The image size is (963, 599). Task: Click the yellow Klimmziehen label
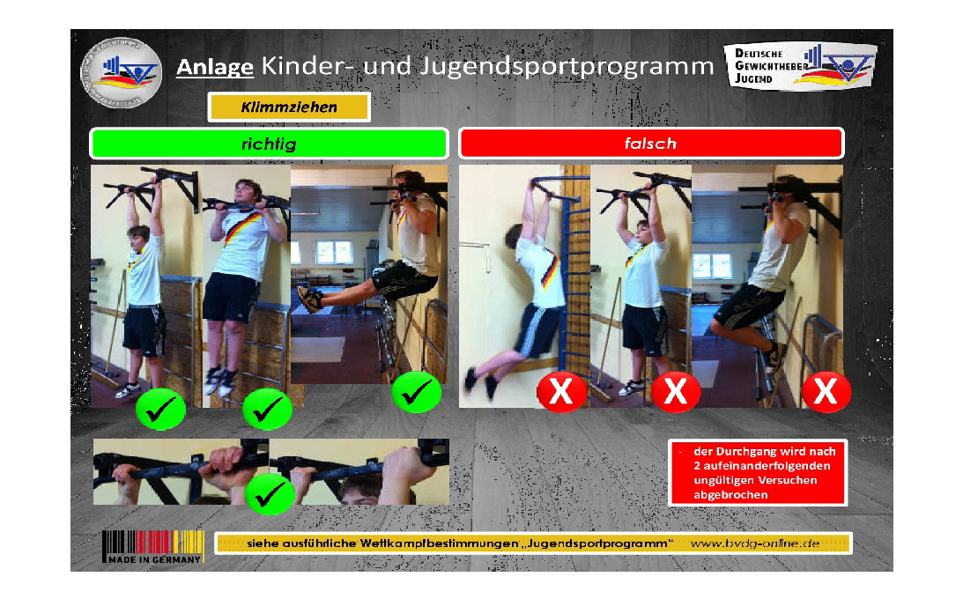[289, 107]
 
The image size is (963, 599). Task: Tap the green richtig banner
[269, 144]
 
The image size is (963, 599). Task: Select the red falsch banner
[651, 143]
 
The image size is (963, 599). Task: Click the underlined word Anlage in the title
[215, 67]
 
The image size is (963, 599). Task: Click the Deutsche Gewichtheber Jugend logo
[800, 67]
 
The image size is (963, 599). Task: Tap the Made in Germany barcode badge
[152, 547]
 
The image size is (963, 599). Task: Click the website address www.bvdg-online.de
[755, 544]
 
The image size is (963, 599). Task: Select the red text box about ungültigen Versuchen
[758, 472]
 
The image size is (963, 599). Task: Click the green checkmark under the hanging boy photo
[160, 409]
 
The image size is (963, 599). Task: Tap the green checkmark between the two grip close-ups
[270, 494]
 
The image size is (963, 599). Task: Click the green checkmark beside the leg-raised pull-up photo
[416, 392]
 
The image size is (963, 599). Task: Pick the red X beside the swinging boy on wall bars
[561, 392]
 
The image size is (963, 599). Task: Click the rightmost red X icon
[826, 392]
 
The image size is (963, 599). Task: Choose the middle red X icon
[676, 392]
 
